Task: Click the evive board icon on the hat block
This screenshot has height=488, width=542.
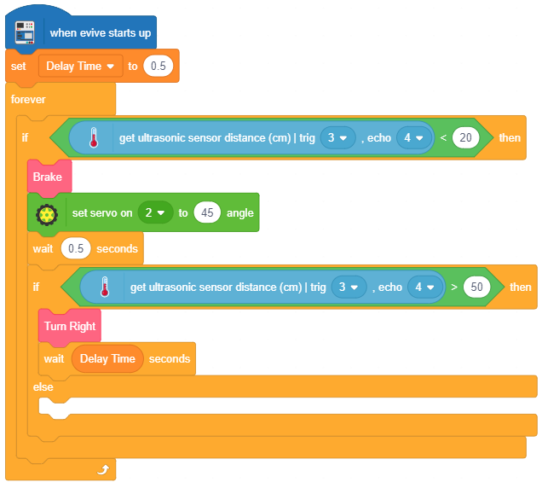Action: click(x=26, y=32)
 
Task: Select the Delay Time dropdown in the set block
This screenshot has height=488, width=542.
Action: click(x=80, y=67)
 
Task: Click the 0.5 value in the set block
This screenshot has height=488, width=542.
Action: click(x=158, y=67)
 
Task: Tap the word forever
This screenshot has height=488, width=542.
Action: click(x=28, y=100)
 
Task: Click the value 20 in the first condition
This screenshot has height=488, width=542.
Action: click(x=465, y=138)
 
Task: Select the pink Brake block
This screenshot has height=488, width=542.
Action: click(x=49, y=177)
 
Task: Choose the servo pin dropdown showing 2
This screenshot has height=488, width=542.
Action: click(x=154, y=213)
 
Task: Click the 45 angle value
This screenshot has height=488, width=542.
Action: click(x=205, y=213)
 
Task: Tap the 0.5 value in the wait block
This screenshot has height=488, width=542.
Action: click(x=75, y=249)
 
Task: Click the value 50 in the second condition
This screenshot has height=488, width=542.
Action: click(x=477, y=288)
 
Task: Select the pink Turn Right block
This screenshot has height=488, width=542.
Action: click(x=70, y=326)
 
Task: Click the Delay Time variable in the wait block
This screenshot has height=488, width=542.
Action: click(x=107, y=359)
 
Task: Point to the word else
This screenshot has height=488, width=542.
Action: click(x=43, y=387)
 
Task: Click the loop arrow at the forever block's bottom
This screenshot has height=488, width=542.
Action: click(x=103, y=469)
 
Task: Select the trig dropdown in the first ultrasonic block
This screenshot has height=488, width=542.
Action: click(x=337, y=138)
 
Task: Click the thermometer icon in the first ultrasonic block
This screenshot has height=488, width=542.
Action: click(x=94, y=138)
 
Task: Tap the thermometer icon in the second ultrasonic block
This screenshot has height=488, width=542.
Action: click(x=105, y=288)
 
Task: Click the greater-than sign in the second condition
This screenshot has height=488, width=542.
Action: click(x=454, y=288)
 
